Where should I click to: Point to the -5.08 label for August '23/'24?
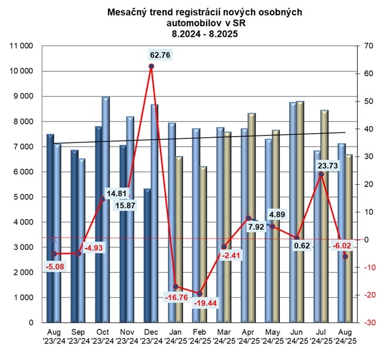pyautogui.click(x=53, y=267)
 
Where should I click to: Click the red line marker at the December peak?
pyautogui.click(x=151, y=66)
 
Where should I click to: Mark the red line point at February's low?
pyautogui.click(x=199, y=294)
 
